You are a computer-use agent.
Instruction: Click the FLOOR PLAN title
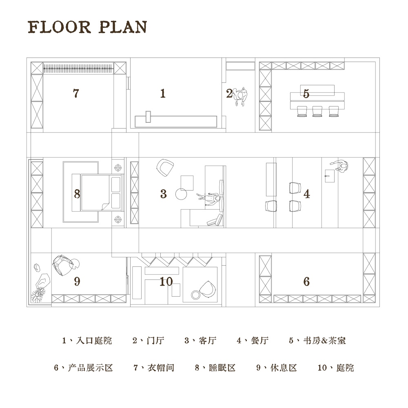coord(87,27)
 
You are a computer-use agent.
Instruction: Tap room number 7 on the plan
coord(76,93)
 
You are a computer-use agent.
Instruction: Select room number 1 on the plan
coord(163,93)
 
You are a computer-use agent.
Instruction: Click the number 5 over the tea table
coord(306,94)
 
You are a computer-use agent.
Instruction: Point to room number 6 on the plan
coord(306,282)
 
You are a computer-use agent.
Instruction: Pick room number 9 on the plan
coord(77,282)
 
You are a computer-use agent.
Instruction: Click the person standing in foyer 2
coord(239,97)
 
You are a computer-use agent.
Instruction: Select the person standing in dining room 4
coord(339,166)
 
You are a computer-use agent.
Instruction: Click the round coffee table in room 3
coord(181,194)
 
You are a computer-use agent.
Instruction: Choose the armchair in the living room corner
coord(165,168)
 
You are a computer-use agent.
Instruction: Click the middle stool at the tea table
coord(317,111)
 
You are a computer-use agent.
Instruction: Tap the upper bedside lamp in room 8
coord(118,168)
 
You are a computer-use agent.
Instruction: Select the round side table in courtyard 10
coord(195,295)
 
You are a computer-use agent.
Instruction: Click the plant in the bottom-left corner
coord(37,295)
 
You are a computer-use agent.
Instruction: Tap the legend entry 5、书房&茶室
coord(317,340)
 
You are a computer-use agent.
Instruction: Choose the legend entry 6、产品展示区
coord(83,368)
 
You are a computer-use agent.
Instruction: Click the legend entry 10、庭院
coord(336,368)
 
